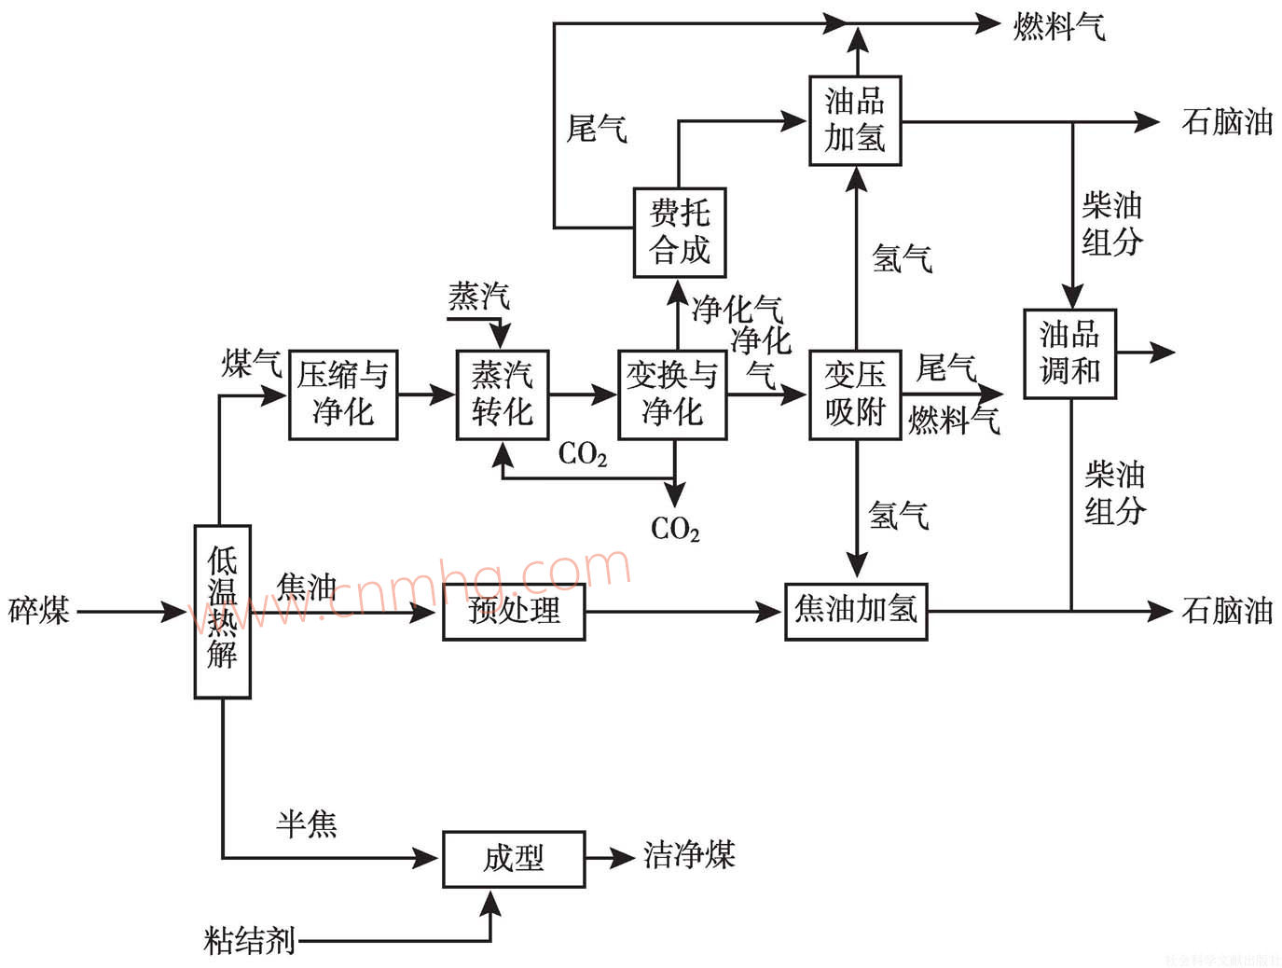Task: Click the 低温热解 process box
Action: click(222, 611)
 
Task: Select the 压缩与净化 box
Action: click(343, 394)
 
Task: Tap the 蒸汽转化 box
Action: click(502, 394)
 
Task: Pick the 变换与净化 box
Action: click(672, 394)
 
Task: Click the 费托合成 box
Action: click(679, 232)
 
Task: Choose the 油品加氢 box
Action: click(855, 120)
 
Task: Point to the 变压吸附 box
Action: click(855, 394)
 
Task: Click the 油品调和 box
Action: click(1069, 353)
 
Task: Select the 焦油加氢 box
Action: click(856, 611)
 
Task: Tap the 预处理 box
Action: click(514, 612)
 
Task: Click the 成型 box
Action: click(514, 858)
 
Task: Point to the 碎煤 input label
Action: click(39, 611)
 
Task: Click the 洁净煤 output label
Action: click(689, 855)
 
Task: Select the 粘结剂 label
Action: click(249, 940)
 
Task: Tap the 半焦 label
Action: click(307, 823)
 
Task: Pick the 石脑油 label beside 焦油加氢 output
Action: click(1227, 611)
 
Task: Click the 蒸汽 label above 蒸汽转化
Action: click(479, 297)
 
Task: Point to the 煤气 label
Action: click(252, 364)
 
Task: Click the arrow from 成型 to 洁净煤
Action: click(611, 857)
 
